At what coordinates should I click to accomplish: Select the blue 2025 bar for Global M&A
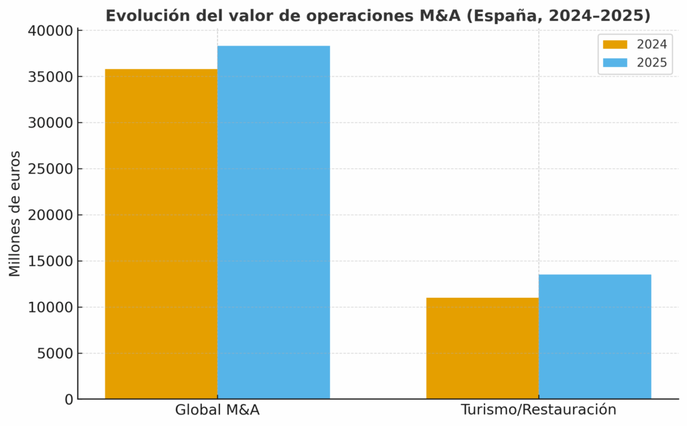274,222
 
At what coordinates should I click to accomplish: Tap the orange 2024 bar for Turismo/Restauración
482,348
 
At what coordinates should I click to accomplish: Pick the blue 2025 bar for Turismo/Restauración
594,336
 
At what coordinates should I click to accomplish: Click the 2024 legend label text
652,45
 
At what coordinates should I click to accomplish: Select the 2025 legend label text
652,63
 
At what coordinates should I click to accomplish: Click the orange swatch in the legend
615,45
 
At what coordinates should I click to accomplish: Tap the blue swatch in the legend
615,63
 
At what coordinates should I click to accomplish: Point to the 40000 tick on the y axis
50,31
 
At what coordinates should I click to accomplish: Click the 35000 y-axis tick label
50,77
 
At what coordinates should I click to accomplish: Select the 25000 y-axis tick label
50,169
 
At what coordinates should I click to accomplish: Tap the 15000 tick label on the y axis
50,261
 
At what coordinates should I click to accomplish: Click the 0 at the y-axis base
68,400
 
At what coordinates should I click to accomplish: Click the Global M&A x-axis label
217,410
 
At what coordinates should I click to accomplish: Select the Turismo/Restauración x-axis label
539,410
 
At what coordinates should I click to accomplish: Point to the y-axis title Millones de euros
15,214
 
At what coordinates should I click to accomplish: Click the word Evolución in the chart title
138,15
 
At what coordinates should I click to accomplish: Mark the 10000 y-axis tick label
50,307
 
